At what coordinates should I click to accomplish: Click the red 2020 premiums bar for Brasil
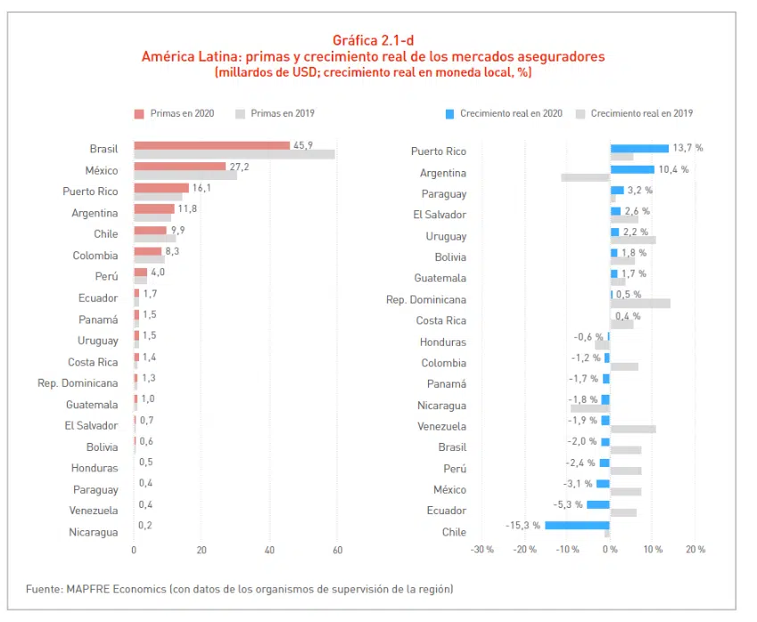tap(211, 145)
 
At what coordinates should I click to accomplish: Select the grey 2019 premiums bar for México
tap(185, 175)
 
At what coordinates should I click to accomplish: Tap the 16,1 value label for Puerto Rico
tap(199, 187)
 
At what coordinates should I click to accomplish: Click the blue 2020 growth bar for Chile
tap(577, 526)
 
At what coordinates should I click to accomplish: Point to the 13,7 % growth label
tap(687, 148)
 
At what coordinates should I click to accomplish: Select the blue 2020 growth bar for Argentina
tap(632, 169)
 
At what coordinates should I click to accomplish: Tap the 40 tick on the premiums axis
tap(269, 550)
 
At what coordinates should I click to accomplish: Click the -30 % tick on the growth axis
tap(482, 550)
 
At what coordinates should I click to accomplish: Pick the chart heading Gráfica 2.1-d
tap(373, 40)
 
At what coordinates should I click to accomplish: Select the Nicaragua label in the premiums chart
tap(93, 533)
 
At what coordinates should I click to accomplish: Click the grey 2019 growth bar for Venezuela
tap(633, 430)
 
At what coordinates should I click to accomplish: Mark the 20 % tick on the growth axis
tap(695, 550)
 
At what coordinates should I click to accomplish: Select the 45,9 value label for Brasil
tap(303, 145)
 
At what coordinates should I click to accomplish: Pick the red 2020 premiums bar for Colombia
tap(147, 251)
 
